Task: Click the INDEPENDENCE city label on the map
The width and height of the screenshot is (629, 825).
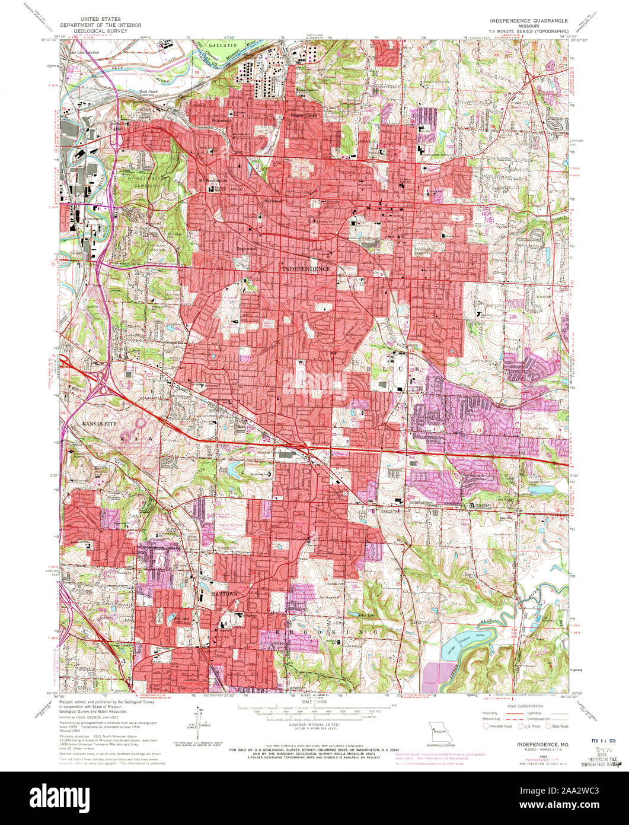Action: click(x=305, y=269)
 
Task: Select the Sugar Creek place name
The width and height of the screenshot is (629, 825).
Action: click(x=302, y=115)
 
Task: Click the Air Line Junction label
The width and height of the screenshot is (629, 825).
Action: click(x=85, y=53)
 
